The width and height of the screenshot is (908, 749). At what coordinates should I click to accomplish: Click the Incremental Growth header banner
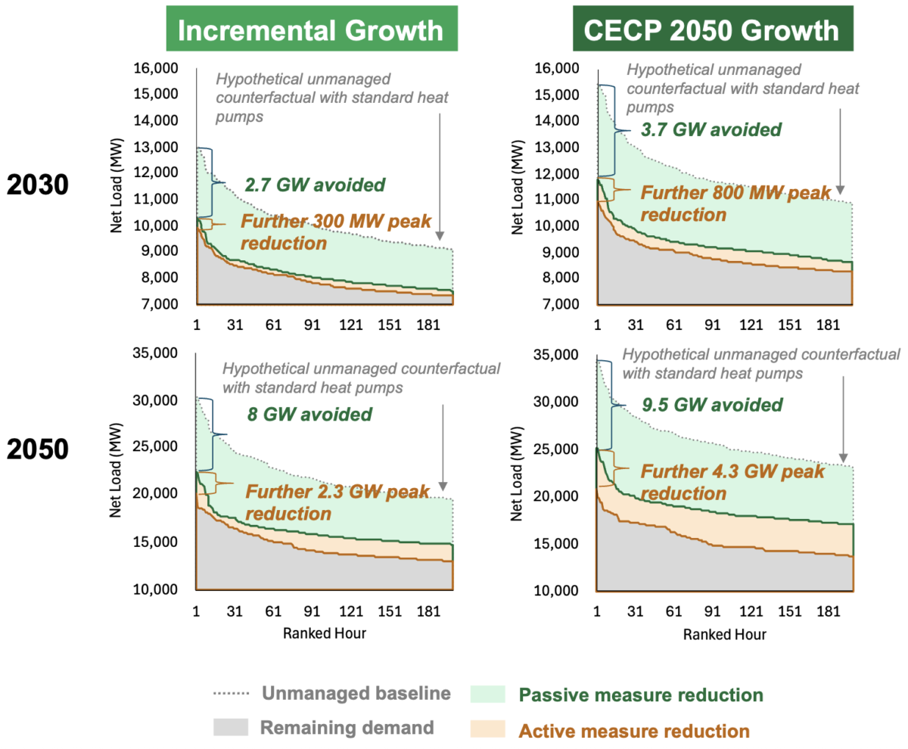coord(310,30)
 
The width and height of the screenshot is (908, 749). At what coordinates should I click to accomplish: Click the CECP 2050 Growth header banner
coord(711,30)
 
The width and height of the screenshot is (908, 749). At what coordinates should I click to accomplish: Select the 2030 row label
coord(39,185)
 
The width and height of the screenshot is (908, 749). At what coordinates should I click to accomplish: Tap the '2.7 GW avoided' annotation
coord(315,185)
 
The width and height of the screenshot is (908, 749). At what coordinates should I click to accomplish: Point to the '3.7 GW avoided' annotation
coord(711,129)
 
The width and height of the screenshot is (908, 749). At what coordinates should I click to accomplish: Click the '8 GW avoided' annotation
coord(309,414)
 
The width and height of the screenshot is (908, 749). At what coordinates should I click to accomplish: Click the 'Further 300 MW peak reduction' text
coord(335,232)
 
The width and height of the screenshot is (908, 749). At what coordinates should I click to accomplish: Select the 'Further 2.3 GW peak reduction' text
coord(337,502)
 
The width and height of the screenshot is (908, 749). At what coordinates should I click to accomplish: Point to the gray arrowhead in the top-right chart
coord(841,189)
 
